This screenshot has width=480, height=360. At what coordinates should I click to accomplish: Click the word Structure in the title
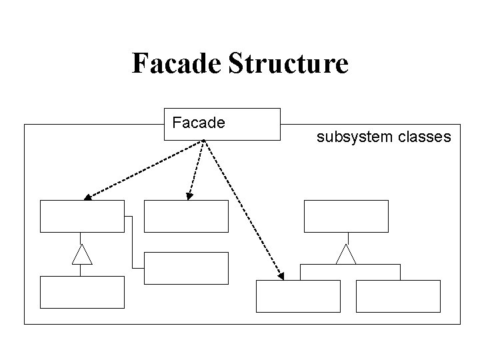(x=288, y=63)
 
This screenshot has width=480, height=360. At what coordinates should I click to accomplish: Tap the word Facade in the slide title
(x=177, y=63)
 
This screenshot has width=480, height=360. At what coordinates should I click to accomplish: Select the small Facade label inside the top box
(x=199, y=123)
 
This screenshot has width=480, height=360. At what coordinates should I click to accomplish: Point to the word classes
(x=425, y=137)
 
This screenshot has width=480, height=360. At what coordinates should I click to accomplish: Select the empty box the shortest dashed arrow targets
(x=186, y=216)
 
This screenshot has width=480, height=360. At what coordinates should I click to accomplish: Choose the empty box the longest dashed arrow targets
(x=298, y=296)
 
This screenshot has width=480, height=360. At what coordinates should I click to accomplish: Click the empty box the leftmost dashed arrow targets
(x=82, y=216)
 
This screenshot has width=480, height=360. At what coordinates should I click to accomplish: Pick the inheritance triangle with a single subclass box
(x=81, y=254)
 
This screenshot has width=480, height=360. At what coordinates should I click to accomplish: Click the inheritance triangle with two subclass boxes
(x=346, y=254)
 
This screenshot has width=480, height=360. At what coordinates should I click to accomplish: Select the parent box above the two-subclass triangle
(x=346, y=216)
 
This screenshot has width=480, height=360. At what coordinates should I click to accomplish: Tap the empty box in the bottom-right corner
(x=398, y=296)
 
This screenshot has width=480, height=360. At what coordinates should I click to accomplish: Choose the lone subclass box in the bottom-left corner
(x=82, y=292)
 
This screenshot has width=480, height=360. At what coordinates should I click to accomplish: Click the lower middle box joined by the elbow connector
(x=186, y=268)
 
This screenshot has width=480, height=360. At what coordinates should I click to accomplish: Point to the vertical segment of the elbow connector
(x=133, y=241)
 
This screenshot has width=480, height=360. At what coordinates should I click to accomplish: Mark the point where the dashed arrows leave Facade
(x=203, y=141)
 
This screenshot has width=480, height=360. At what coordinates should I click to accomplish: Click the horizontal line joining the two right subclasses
(x=350, y=265)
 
